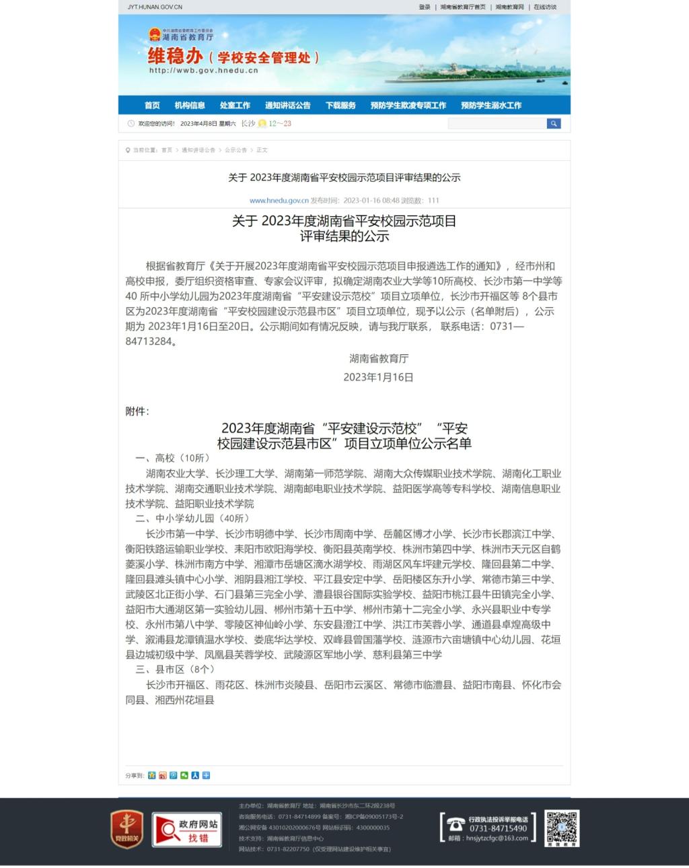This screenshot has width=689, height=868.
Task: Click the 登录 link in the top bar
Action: click(x=424, y=7)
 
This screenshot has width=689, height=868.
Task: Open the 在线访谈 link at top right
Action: click(x=545, y=7)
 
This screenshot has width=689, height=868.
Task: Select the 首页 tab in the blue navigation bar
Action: click(x=152, y=105)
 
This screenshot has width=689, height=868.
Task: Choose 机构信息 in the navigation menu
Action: click(x=190, y=105)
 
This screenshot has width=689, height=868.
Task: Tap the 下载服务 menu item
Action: click(x=340, y=105)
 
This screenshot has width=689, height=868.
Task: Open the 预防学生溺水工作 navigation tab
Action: click(x=491, y=105)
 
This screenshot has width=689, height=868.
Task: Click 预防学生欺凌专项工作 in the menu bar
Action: click(x=408, y=105)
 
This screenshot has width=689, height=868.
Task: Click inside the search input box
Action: click(x=497, y=123)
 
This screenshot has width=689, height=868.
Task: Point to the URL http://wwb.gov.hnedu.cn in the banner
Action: click(x=203, y=70)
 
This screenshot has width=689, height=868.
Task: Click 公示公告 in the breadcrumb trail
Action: click(x=235, y=150)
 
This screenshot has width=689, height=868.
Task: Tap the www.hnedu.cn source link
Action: click(x=279, y=200)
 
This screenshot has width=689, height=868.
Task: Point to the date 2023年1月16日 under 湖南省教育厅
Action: click(x=378, y=377)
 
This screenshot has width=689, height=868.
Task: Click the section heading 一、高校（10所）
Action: click(x=173, y=458)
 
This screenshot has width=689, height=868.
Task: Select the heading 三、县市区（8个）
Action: click(x=175, y=669)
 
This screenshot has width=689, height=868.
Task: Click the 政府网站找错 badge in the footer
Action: click(x=187, y=829)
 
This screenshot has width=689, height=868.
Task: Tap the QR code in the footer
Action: click(x=562, y=828)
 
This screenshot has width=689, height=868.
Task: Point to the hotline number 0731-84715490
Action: click(x=498, y=828)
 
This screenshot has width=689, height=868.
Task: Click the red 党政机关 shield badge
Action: click(x=126, y=829)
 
